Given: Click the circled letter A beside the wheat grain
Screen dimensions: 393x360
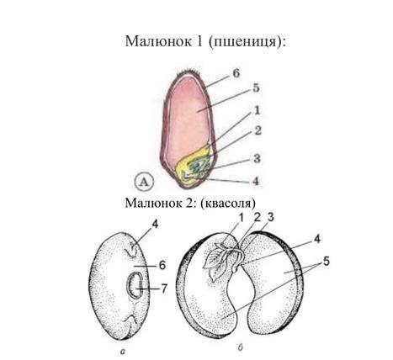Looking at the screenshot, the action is (x=144, y=182).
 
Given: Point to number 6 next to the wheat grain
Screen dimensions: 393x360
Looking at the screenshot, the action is (x=236, y=74).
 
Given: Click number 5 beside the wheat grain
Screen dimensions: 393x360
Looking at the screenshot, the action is (x=256, y=88).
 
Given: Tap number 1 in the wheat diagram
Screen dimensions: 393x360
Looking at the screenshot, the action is (x=257, y=110).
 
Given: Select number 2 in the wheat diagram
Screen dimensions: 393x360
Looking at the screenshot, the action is (x=258, y=130).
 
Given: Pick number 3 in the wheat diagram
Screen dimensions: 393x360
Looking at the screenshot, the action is (x=257, y=159).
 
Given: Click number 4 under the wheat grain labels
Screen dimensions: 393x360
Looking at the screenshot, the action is (x=256, y=181).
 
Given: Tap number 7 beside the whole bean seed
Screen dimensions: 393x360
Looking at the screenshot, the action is (x=164, y=289).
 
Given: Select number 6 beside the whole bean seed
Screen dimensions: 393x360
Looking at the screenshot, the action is (x=162, y=265).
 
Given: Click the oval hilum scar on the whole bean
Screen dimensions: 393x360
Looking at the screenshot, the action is (x=135, y=285).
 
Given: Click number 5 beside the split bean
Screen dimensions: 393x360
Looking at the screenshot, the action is (x=327, y=262).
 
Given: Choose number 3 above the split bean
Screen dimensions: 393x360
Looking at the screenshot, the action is (x=270, y=218).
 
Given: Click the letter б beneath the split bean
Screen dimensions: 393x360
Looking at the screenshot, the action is (x=240, y=347).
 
